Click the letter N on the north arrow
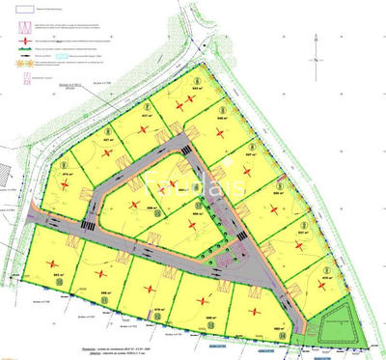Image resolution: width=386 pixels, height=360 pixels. pos(316,60)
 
